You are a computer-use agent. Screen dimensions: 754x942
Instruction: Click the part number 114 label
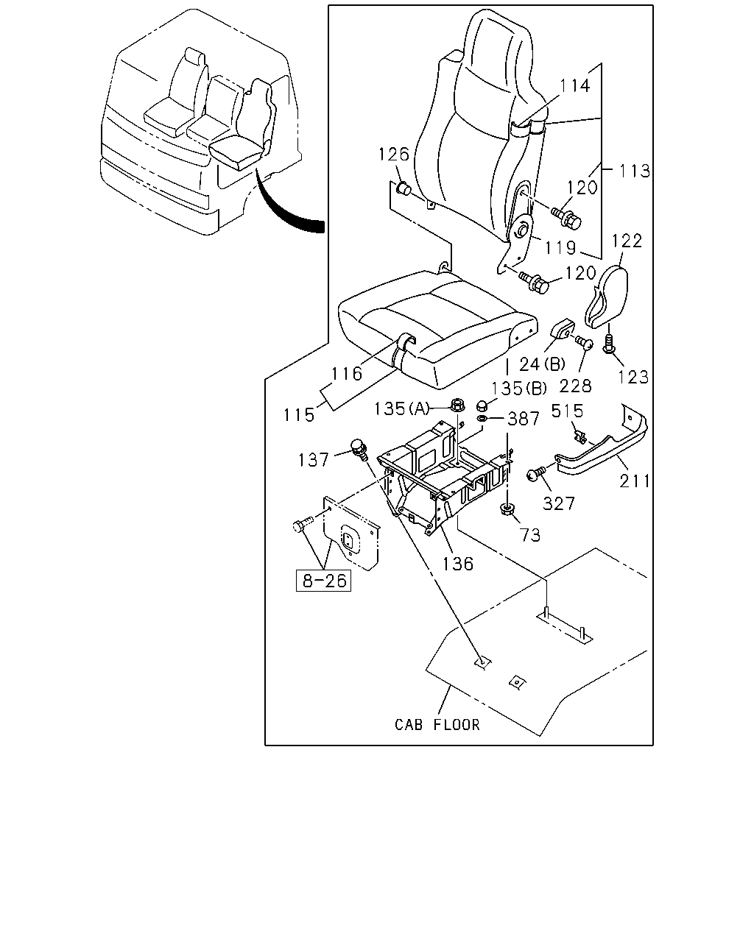[575, 85]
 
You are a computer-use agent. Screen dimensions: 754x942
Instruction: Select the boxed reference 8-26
[324, 581]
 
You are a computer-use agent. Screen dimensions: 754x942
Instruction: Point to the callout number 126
[393, 154]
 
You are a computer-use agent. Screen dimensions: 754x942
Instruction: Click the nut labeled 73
[506, 509]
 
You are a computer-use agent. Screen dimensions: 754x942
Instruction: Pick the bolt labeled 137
[359, 450]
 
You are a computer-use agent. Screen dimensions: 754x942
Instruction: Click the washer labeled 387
[482, 419]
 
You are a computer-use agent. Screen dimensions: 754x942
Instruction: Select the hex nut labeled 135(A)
[457, 405]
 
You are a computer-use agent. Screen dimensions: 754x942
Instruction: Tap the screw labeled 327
[536, 474]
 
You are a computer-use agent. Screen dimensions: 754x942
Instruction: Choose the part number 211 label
[635, 481]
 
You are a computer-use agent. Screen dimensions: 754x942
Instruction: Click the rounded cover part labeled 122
[607, 297]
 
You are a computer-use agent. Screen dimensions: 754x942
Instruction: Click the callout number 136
[458, 564]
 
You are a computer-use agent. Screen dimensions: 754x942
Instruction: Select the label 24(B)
[543, 364]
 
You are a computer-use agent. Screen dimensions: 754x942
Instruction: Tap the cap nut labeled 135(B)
[482, 405]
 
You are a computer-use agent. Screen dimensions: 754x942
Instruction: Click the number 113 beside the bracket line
[635, 171]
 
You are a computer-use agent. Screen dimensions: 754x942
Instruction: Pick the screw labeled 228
[584, 342]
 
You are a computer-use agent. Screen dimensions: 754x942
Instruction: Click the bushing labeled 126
[403, 189]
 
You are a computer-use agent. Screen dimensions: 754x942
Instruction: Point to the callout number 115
[299, 415]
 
